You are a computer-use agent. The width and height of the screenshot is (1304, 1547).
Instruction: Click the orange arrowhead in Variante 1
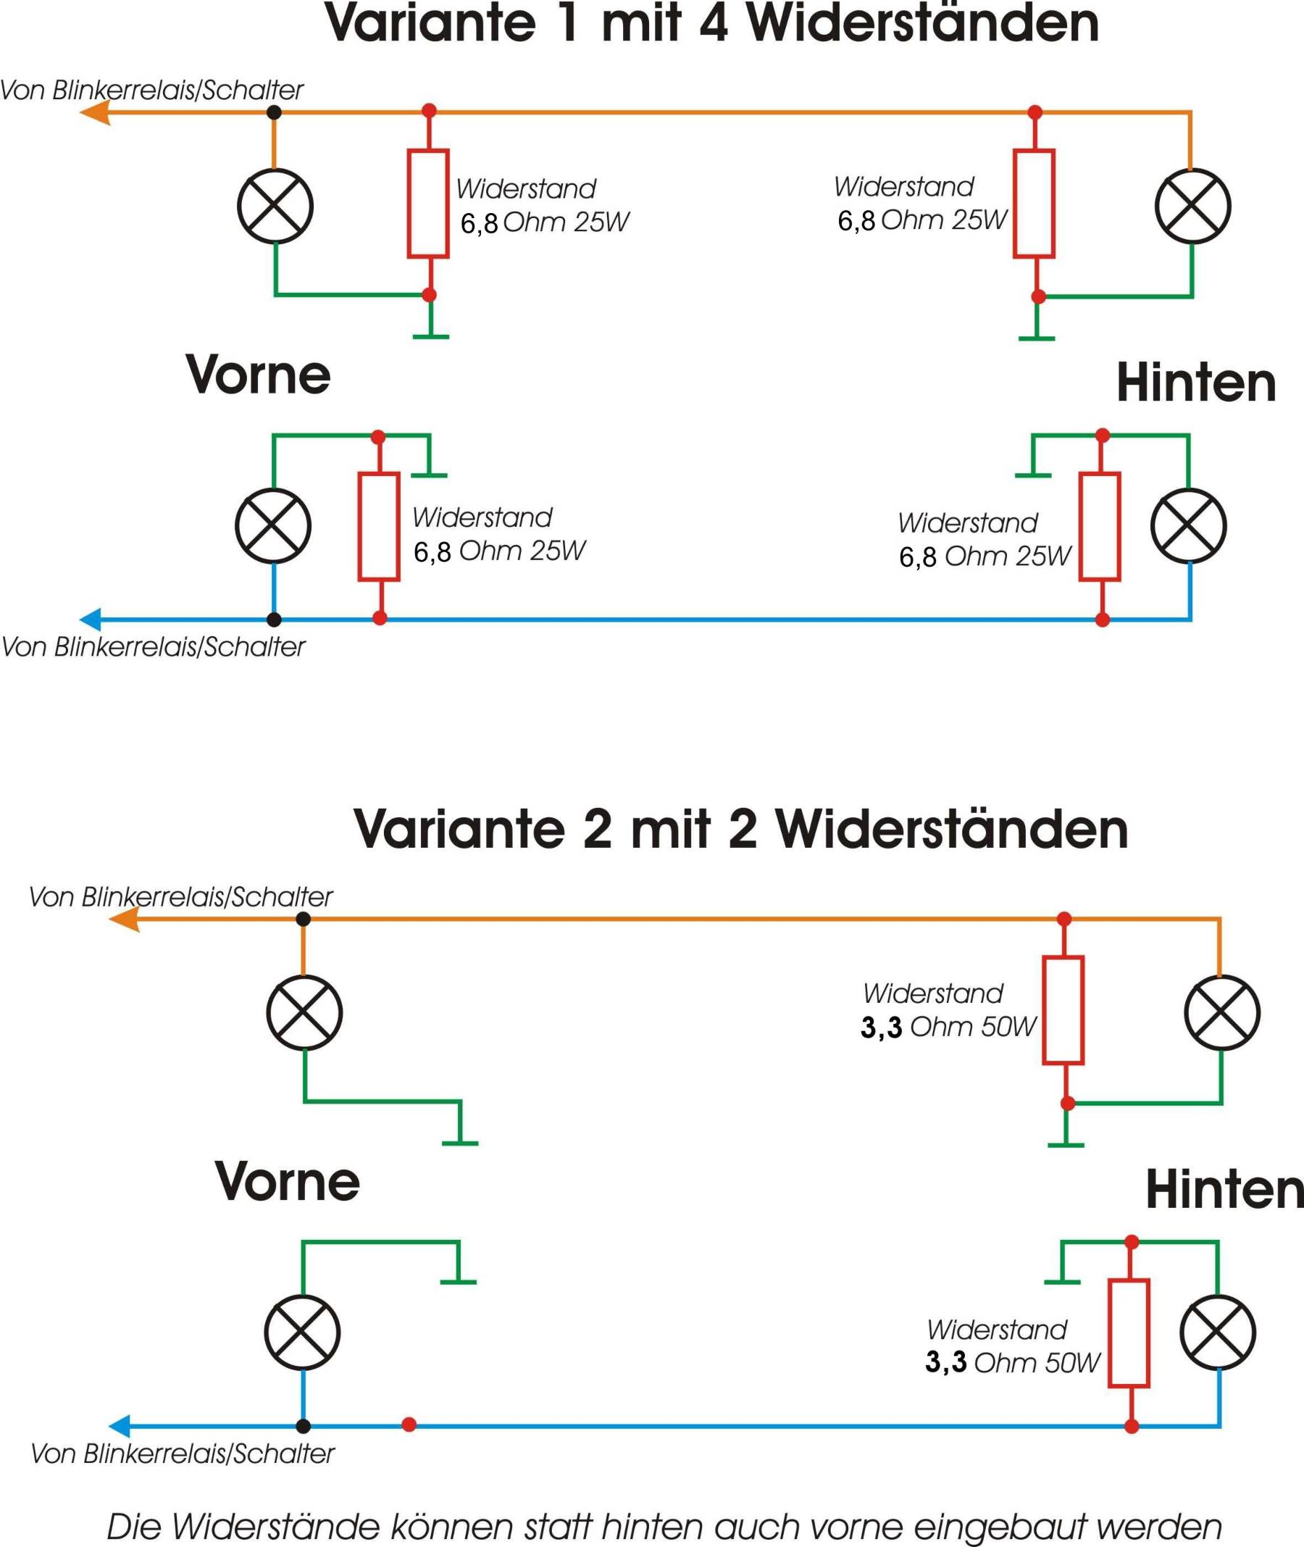tap(95, 112)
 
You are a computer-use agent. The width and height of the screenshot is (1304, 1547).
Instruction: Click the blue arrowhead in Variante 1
tap(92, 619)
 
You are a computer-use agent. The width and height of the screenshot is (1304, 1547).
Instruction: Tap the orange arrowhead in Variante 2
tap(124, 920)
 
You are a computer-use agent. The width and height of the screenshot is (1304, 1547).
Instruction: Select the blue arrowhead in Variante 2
tap(121, 1426)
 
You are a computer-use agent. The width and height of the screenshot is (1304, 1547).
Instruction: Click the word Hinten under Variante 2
tap(1224, 1190)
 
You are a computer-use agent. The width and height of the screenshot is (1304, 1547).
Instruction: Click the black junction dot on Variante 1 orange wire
tap(274, 112)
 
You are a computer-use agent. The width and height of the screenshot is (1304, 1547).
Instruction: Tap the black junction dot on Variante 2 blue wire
tap(303, 1426)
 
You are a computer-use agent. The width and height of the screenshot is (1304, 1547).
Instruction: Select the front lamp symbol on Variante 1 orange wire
tap(275, 207)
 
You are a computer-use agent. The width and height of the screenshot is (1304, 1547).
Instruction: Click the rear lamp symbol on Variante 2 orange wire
tap(1222, 1012)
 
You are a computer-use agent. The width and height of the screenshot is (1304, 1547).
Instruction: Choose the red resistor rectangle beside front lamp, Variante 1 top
tap(428, 204)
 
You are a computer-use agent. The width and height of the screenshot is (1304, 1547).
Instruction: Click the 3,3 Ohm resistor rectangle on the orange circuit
tap(1063, 1010)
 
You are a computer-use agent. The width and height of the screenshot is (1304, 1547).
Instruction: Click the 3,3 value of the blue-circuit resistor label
tap(945, 1362)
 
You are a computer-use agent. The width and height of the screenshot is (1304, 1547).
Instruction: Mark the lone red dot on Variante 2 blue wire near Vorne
tap(409, 1425)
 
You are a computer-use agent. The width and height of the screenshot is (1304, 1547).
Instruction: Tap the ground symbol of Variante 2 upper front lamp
tap(460, 1141)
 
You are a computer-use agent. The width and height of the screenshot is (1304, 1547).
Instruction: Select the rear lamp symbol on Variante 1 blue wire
tap(1188, 526)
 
